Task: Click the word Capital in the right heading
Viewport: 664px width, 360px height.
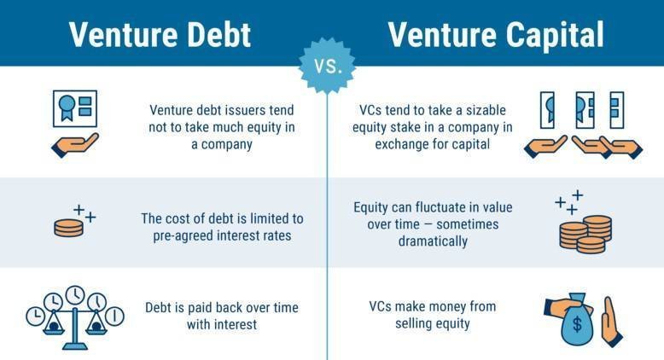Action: click(555, 35)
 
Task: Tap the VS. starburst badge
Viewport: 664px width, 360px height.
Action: click(328, 66)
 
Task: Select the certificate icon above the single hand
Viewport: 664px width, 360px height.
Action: click(75, 108)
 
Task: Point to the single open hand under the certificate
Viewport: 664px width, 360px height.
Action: click(75, 145)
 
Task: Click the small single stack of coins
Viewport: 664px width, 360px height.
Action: click(68, 228)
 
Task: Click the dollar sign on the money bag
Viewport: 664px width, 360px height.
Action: click(577, 324)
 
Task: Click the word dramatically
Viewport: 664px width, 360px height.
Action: click(433, 241)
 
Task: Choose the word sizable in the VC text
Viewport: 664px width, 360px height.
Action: click(486, 110)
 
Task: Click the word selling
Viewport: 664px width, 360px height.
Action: click(414, 323)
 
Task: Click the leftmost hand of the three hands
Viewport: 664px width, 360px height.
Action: click(545, 147)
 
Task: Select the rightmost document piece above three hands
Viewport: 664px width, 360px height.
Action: click(616, 110)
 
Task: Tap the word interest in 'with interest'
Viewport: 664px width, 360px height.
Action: click(237, 325)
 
